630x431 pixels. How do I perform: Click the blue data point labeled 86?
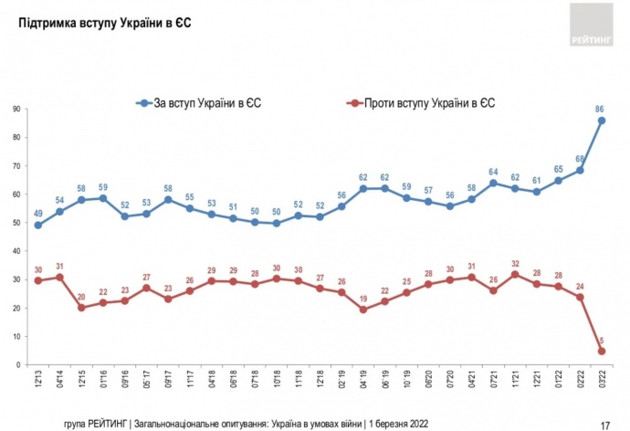click(603, 121)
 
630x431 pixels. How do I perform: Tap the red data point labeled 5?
click(603, 351)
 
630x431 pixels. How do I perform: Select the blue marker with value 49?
click(38, 225)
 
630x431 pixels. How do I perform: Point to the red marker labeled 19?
click(363, 310)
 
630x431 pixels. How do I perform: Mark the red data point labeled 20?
click(82, 308)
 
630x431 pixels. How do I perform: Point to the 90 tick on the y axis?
click(16, 110)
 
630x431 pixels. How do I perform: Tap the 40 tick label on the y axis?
click(16, 251)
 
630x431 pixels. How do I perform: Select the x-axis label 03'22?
click(603, 381)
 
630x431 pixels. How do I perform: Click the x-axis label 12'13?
click(38, 381)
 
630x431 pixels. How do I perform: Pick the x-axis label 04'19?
click(363, 381)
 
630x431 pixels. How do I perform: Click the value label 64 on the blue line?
click(493, 171)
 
